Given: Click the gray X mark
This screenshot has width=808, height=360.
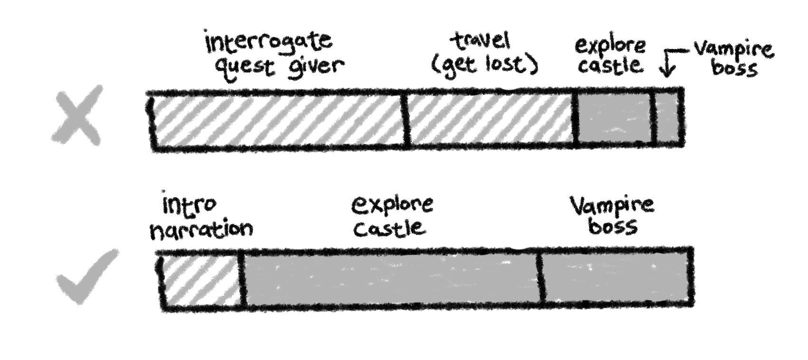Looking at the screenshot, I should [77, 115].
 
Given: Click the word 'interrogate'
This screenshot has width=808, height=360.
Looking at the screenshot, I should [269, 42].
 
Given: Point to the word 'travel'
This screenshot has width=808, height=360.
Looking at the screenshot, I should [481, 42].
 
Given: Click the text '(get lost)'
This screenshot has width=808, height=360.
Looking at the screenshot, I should [485, 64].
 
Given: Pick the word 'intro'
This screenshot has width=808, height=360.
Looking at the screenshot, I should [189, 205].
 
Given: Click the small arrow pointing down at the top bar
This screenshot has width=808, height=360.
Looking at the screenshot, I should [668, 64].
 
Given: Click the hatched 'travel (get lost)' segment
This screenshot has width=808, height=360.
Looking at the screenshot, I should [490, 119].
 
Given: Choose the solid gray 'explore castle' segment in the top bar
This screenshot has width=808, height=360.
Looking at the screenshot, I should [615, 119].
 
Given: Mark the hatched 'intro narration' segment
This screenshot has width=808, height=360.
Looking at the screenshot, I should [201, 280].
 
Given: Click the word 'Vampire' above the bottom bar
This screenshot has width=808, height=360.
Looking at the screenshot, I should [612, 205].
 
